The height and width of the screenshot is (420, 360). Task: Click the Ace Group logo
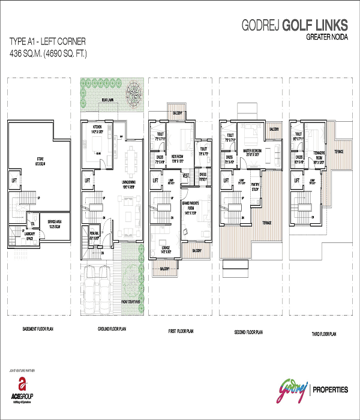click(x=22, y=390)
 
